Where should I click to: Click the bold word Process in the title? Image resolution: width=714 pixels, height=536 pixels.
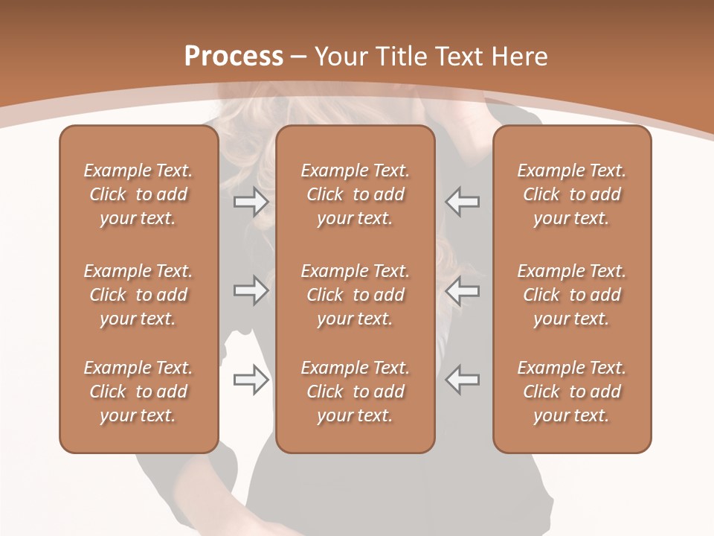[234, 57]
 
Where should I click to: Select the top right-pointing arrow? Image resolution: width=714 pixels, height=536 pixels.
[251, 201]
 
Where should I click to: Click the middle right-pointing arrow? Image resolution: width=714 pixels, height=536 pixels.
[251, 290]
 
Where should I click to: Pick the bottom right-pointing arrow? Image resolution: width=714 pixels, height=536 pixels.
[251, 380]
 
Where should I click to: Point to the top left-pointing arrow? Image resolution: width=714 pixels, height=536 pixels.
[462, 201]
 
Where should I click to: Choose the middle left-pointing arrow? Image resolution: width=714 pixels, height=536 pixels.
[462, 290]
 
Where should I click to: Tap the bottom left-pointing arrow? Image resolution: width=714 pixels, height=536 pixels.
[462, 380]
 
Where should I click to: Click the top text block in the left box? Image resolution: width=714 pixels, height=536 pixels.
[138, 194]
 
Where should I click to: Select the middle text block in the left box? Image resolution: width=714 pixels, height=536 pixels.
[138, 295]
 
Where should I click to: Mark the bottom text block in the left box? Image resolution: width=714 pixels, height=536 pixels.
[138, 392]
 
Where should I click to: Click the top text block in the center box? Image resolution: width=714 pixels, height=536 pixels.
[355, 194]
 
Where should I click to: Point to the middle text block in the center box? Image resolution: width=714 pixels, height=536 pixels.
[355, 295]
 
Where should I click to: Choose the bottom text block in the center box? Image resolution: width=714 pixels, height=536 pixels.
[355, 392]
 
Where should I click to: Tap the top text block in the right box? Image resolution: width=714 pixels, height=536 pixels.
[572, 194]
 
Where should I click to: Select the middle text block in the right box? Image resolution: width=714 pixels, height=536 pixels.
[572, 295]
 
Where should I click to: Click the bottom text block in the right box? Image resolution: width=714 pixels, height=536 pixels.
[572, 392]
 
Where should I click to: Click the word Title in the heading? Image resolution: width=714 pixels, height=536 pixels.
[397, 57]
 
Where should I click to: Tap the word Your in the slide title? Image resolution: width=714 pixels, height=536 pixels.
[339, 57]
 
